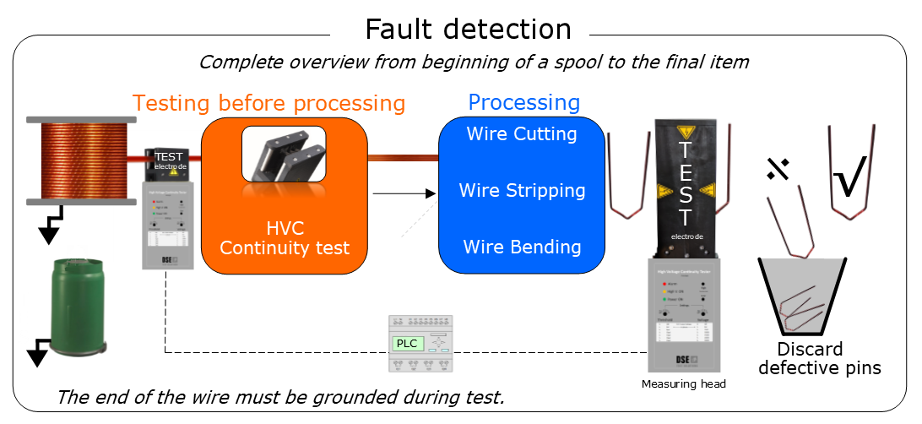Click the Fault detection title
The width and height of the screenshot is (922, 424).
pos(468,30)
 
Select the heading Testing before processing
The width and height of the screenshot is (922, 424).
pos(268,103)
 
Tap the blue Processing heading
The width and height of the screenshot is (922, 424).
pos(523,103)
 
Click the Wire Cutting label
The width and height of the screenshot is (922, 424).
pos(522,133)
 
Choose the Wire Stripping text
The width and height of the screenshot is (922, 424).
pos(522,190)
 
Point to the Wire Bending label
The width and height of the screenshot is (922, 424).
pos(522,247)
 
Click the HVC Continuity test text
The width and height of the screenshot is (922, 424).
pos(285,238)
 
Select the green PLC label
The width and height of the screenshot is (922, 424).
pos(407,343)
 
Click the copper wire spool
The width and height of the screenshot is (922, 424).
pos(81,160)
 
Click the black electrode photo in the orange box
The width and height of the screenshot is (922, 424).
pos(284,154)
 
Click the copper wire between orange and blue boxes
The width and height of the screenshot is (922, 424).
pos(403,156)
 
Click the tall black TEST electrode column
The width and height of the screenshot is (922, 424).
pos(686,186)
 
